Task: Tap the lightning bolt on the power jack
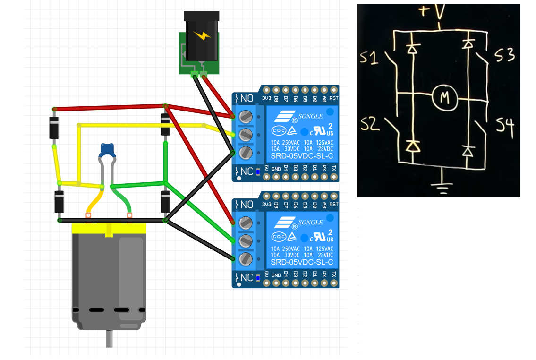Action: click(x=202, y=35)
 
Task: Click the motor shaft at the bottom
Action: click(x=110, y=339)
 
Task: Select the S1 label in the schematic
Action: click(x=373, y=58)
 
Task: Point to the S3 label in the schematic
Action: click(x=504, y=56)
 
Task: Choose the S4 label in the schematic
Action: click(x=505, y=125)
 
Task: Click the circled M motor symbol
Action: click(x=444, y=97)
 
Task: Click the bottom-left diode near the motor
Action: click(x=59, y=202)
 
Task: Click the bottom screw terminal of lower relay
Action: click(x=245, y=258)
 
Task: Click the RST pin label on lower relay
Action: click(x=334, y=204)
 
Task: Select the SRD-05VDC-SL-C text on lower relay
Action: click(x=302, y=262)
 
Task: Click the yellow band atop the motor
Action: click(x=109, y=229)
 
